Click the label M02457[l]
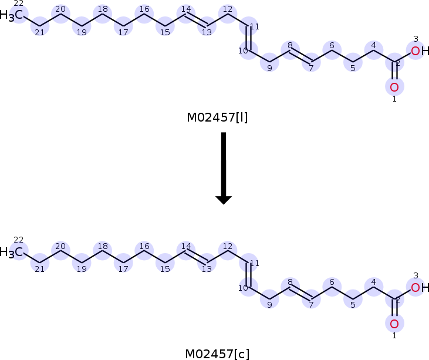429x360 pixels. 217,117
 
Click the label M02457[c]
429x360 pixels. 217,354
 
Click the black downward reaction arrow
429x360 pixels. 224,169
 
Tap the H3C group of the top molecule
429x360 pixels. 11,15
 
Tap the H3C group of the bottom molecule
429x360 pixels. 11,251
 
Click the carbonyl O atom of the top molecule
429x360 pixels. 394,87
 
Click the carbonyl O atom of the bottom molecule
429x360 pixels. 394,324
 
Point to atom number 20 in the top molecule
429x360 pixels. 60,14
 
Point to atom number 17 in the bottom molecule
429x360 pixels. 123,263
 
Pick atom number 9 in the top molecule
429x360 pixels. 269,62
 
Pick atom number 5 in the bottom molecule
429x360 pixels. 353,299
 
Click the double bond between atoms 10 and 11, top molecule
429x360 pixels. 248,38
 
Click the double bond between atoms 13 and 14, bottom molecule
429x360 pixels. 196,257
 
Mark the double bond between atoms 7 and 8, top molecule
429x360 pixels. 300,56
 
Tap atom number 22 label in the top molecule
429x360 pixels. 18,4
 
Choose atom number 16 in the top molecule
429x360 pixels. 144,14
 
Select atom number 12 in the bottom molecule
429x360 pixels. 228,251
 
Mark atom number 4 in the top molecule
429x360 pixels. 374,51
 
